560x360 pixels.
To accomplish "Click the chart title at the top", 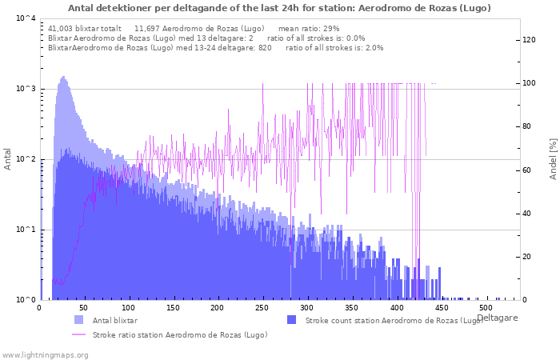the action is [x=279, y=8].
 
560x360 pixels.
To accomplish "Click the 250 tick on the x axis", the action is [x=262, y=308].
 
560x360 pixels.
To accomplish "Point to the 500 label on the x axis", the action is [x=485, y=308].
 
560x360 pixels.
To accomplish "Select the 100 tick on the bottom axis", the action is [x=128, y=308].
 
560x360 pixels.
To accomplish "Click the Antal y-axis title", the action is [x=7, y=159].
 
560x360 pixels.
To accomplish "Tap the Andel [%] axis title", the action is [x=554, y=159].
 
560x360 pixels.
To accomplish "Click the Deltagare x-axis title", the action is [x=497, y=318].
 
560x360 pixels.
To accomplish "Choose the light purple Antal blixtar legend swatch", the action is [x=79, y=320].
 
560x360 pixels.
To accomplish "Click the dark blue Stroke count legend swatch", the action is [x=292, y=320].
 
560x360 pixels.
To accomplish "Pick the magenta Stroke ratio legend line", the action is [x=79, y=334].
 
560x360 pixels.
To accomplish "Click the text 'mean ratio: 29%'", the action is [x=309, y=29].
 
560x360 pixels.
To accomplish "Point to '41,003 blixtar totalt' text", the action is [x=85, y=29].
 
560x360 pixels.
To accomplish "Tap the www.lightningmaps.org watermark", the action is [x=45, y=355].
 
